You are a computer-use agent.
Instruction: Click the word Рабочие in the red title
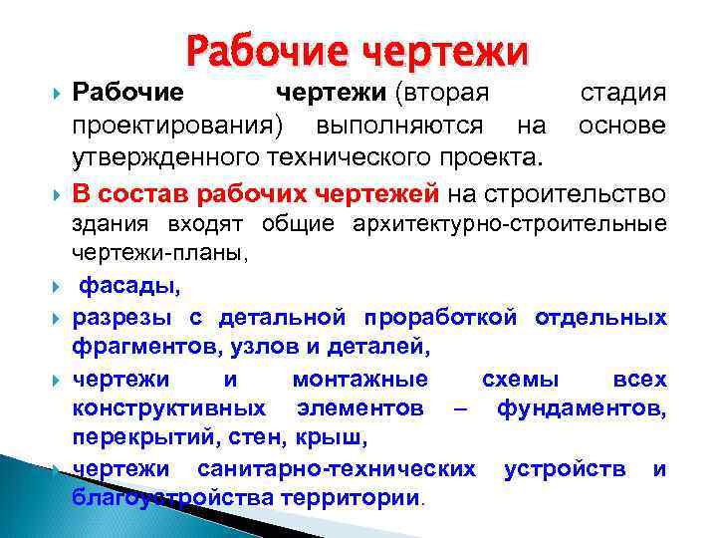266,49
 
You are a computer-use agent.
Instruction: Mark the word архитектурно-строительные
510,224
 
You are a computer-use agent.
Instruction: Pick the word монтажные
360,380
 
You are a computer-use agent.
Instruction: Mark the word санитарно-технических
337,468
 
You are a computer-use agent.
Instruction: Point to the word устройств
566,468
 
